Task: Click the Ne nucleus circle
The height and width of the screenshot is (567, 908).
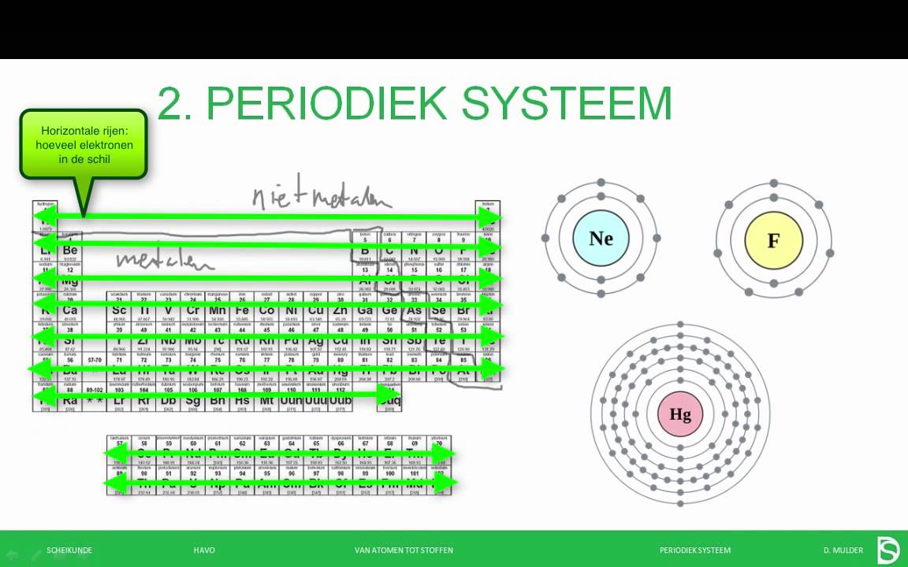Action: [601, 238]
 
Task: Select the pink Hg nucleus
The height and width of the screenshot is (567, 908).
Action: [680, 414]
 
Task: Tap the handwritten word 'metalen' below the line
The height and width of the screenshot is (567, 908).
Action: [166, 259]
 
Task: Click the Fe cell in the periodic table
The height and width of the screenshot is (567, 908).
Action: [242, 311]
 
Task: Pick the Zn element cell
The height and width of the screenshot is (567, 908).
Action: [340, 311]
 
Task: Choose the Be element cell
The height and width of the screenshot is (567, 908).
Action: [70, 250]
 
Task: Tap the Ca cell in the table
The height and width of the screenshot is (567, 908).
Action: [70, 311]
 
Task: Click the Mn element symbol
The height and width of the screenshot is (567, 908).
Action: [218, 311]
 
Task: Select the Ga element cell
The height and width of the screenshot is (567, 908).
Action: [364, 311]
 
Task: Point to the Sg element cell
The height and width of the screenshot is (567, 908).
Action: [193, 400]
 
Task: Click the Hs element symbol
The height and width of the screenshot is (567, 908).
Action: [242, 400]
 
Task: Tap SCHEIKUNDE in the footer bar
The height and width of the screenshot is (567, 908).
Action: [69, 550]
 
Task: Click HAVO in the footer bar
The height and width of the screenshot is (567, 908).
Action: [204, 550]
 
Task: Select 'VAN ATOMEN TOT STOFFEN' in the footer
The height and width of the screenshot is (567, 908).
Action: [404, 550]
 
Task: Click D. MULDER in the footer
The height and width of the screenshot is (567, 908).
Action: [843, 550]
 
